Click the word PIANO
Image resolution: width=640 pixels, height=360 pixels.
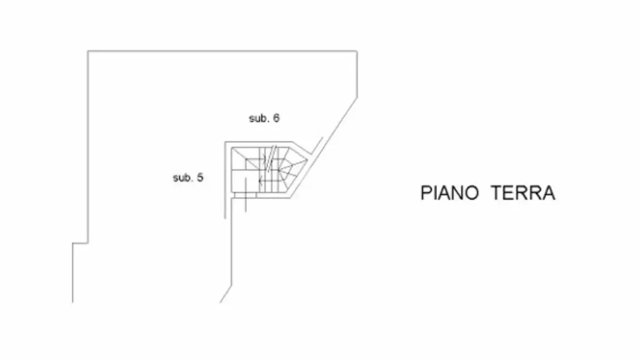449,192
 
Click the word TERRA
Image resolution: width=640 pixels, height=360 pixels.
523,192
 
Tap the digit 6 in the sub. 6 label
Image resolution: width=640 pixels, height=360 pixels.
276,118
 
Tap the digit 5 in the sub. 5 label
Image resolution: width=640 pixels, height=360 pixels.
199,177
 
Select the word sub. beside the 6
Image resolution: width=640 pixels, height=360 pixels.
259,118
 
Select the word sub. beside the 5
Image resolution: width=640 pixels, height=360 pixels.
183,178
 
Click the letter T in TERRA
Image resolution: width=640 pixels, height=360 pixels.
496,192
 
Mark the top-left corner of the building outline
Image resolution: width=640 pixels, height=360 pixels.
87,51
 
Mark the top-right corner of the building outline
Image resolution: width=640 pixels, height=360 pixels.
357,51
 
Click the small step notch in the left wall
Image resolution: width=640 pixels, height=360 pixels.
81,243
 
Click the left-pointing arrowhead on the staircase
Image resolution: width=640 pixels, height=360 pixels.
261,180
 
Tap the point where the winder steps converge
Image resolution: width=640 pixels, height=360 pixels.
279,169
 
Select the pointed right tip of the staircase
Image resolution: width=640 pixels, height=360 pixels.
306,160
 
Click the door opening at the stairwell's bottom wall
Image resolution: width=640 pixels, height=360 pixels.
246,195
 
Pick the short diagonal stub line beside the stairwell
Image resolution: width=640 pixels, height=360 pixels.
317,146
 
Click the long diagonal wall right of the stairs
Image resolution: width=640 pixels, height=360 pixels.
324,147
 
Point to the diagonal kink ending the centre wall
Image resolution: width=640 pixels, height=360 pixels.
226,294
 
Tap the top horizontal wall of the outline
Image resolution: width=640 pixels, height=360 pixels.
222,51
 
